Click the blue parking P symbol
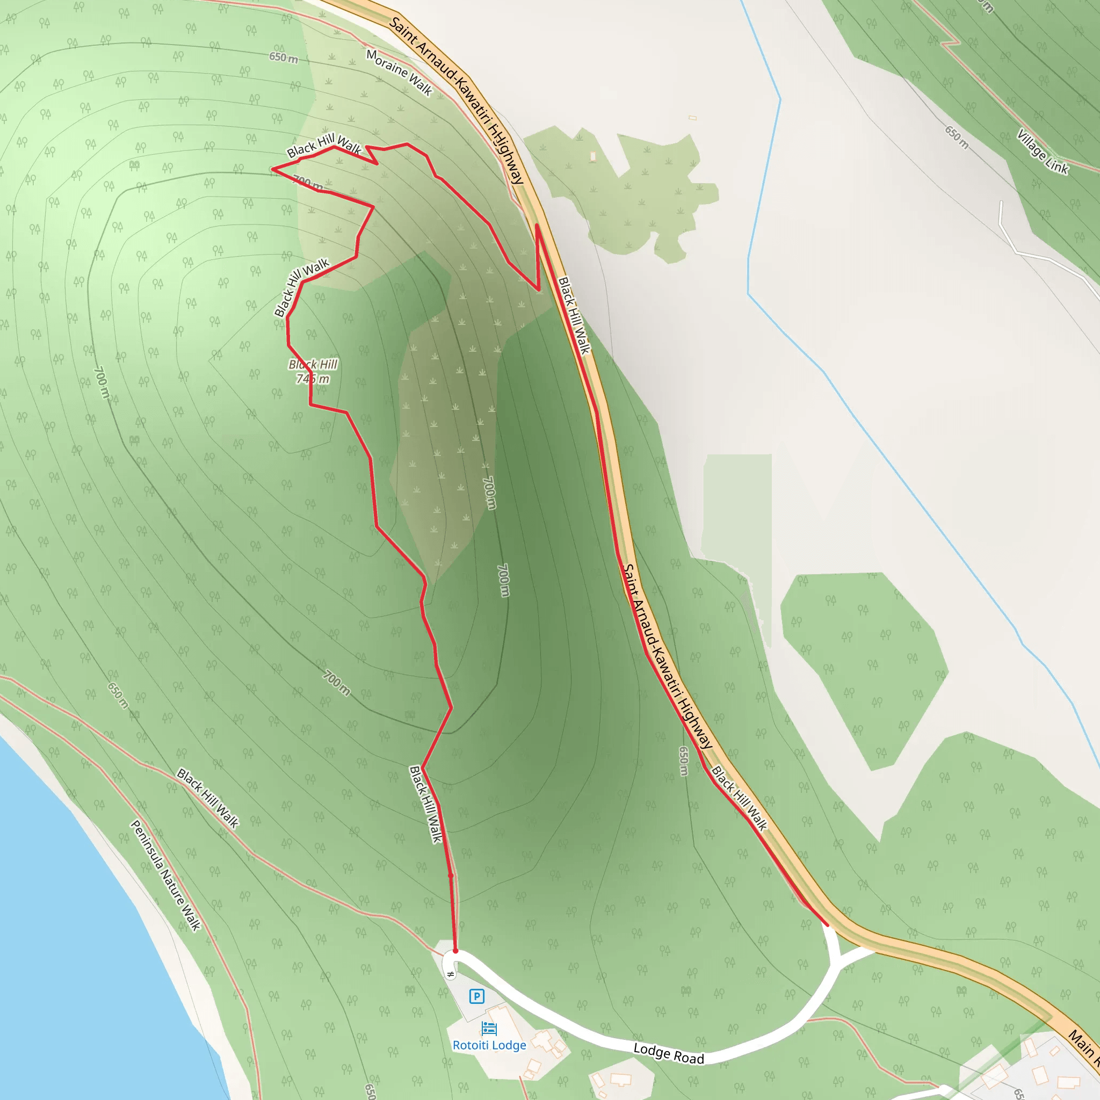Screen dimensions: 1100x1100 coord(476,996)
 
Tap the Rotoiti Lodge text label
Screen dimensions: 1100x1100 coord(489,1045)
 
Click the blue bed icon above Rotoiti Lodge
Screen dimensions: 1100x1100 coord(489,1028)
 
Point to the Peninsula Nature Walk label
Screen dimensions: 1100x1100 coord(165,875)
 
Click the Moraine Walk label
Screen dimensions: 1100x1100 coord(399,73)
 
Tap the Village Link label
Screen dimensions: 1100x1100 coord(1043,151)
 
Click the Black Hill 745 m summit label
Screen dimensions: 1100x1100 coord(313,371)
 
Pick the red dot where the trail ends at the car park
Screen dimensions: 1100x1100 coord(455,951)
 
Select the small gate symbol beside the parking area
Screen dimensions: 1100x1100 coord(450,974)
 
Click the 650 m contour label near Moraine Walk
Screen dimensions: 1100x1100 coord(284,57)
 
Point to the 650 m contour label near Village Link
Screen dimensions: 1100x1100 coord(957,137)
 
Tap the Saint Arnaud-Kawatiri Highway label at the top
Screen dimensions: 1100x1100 coord(456,100)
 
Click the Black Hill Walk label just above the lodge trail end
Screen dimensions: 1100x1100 coord(426,804)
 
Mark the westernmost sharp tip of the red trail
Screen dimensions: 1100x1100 coord(272,169)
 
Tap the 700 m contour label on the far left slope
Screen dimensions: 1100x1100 coord(101,382)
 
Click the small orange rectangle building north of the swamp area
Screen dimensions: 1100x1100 coord(692,118)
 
